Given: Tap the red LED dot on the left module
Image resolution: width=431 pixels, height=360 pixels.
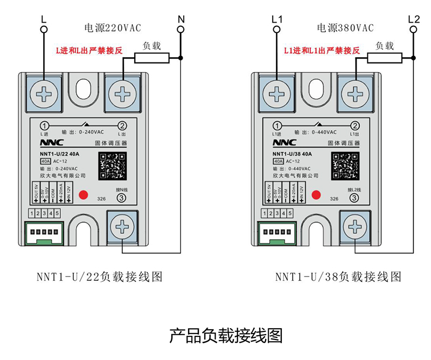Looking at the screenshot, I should tap(84, 195).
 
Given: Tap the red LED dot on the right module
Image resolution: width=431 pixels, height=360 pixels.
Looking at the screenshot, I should tap(316, 195).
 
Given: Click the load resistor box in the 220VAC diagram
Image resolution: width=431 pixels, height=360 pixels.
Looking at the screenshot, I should tap(151, 58).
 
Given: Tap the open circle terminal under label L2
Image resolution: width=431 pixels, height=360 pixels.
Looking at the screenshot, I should tap(414, 30).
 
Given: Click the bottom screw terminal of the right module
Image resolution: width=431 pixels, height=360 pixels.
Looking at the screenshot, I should tap(354, 227).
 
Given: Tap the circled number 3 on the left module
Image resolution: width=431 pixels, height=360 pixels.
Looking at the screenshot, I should tap(121, 198).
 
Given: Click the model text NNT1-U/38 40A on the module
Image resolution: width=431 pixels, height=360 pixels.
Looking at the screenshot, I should tap(292, 154).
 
